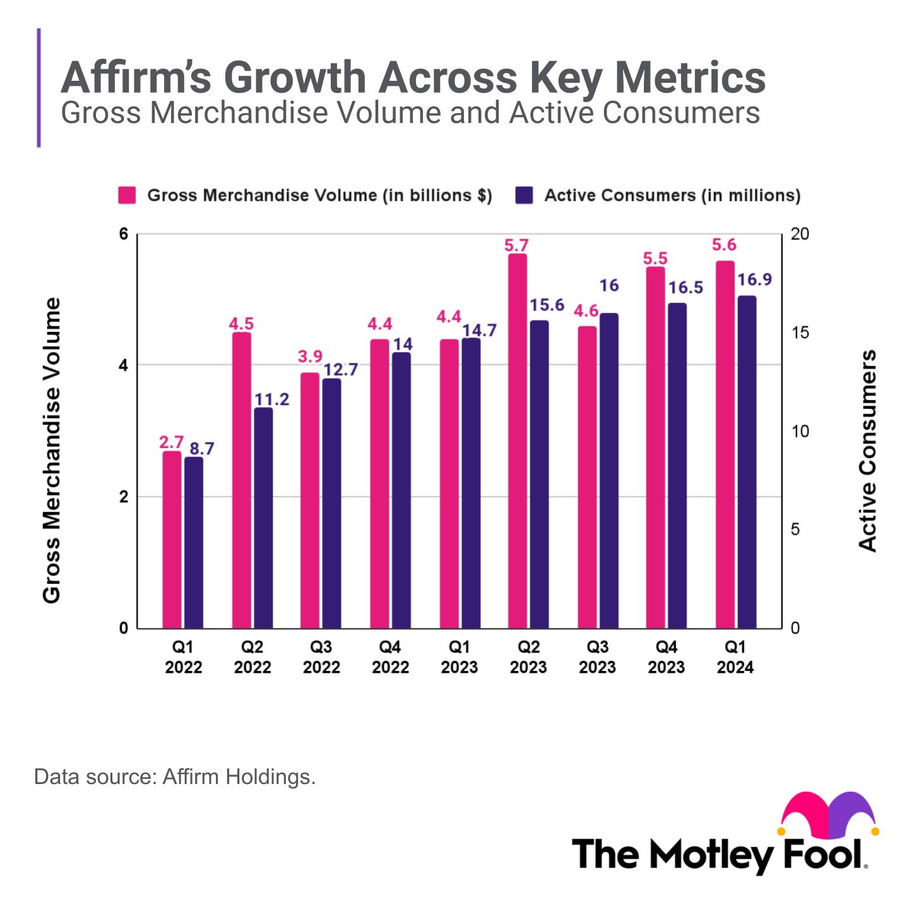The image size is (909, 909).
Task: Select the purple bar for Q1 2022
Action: (x=194, y=543)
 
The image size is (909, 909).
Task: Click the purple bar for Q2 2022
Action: (x=263, y=518)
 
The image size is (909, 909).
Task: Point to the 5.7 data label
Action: (x=516, y=245)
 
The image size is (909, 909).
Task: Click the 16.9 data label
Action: (x=754, y=279)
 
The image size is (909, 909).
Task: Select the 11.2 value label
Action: (x=271, y=399)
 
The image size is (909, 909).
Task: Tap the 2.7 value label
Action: (x=171, y=442)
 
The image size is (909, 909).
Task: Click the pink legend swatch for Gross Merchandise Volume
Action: (x=127, y=195)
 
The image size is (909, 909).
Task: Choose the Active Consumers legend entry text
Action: (x=672, y=195)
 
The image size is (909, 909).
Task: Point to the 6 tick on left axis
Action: (x=124, y=234)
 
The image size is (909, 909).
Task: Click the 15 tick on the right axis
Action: (x=799, y=333)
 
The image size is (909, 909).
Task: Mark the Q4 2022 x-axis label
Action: (x=390, y=657)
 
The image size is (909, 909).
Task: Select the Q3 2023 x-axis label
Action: (x=597, y=657)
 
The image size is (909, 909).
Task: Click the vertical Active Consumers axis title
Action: (x=868, y=451)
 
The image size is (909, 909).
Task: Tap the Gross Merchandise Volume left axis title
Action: (x=51, y=451)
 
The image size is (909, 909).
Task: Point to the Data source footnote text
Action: (x=175, y=776)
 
